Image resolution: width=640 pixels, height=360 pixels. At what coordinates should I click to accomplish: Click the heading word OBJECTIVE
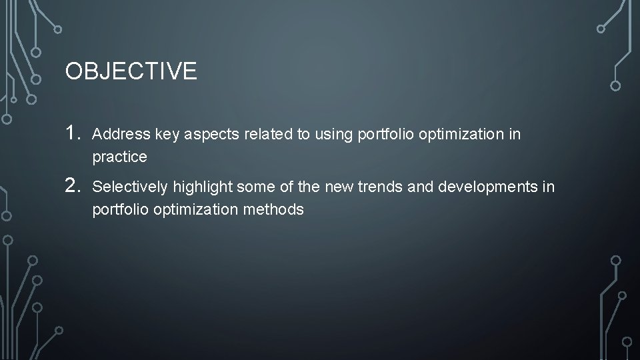click(x=131, y=71)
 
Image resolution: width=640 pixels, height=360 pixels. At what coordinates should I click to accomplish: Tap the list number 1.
click(x=74, y=133)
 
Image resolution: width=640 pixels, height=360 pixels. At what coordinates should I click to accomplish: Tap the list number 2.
click(x=74, y=186)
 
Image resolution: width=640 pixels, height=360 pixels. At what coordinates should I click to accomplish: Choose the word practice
click(x=119, y=158)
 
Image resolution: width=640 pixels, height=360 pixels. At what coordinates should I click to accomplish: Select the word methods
click(x=276, y=210)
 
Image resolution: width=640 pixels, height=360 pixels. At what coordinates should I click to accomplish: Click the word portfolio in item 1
click(x=383, y=135)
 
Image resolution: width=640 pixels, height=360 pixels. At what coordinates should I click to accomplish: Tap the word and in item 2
click(x=420, y=187)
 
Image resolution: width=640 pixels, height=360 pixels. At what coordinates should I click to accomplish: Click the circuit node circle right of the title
click(x=615, y=85)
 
